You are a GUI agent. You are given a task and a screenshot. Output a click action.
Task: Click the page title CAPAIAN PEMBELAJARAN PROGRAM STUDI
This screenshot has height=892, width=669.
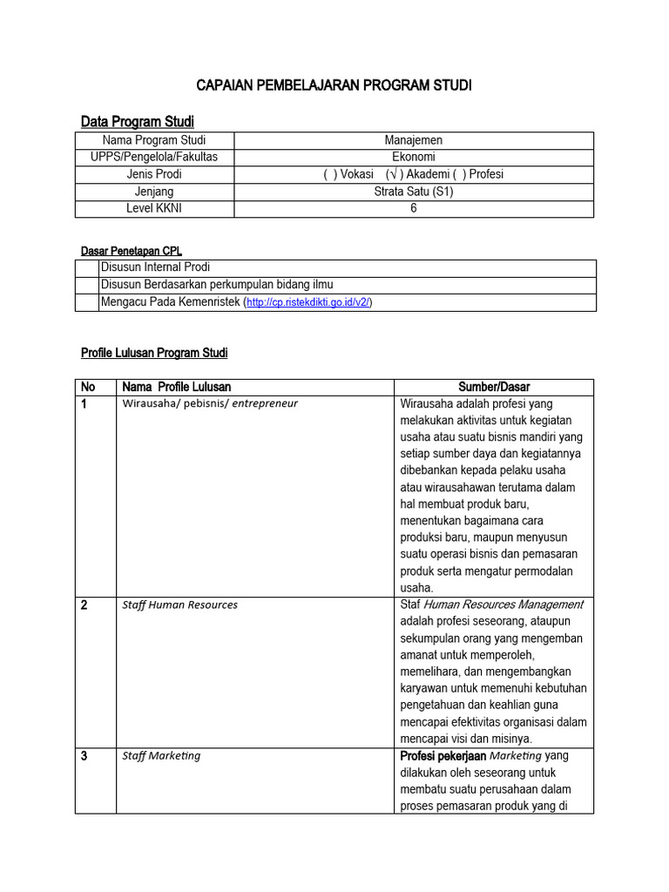point(334,85)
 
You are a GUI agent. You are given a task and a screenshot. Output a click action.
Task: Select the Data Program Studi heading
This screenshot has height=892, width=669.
point(137,121)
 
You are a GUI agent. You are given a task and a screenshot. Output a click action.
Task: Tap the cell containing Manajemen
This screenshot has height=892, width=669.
point(414,140)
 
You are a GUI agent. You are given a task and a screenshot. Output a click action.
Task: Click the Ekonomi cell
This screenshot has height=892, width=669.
point(414,157)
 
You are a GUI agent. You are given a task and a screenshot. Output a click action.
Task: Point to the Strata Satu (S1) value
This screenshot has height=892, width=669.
point(414,192)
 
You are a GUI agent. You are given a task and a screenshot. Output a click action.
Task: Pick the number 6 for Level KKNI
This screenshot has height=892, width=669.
point(414,208)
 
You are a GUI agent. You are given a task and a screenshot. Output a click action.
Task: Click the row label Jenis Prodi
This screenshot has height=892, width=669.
point(154,174)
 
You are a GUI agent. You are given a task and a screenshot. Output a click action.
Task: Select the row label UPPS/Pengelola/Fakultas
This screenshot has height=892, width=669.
point(154,157)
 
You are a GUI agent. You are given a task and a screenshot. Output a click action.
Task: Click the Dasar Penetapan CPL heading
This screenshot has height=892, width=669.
point(131,251)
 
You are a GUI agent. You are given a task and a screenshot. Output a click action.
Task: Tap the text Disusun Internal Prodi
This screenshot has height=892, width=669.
point(156,267)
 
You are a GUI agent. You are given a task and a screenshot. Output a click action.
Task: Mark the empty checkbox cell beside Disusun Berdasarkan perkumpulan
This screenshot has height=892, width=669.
point(87,285)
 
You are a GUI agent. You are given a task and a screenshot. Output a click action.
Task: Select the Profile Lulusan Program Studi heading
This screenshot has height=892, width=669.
point(154,353)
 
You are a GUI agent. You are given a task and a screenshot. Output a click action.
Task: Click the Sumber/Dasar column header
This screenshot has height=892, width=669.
point(494,387)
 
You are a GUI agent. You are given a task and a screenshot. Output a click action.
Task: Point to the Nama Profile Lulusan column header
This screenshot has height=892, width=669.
point(177,387)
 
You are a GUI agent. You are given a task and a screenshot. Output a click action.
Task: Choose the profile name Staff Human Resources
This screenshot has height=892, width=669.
point(179,605)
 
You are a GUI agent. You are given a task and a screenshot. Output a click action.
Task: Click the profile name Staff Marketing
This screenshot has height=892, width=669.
point(161,755)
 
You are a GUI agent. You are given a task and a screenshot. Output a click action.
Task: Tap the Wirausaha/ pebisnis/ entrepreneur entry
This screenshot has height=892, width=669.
point(210,403)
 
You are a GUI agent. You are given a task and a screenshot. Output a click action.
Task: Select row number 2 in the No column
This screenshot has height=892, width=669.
point(84,605)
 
